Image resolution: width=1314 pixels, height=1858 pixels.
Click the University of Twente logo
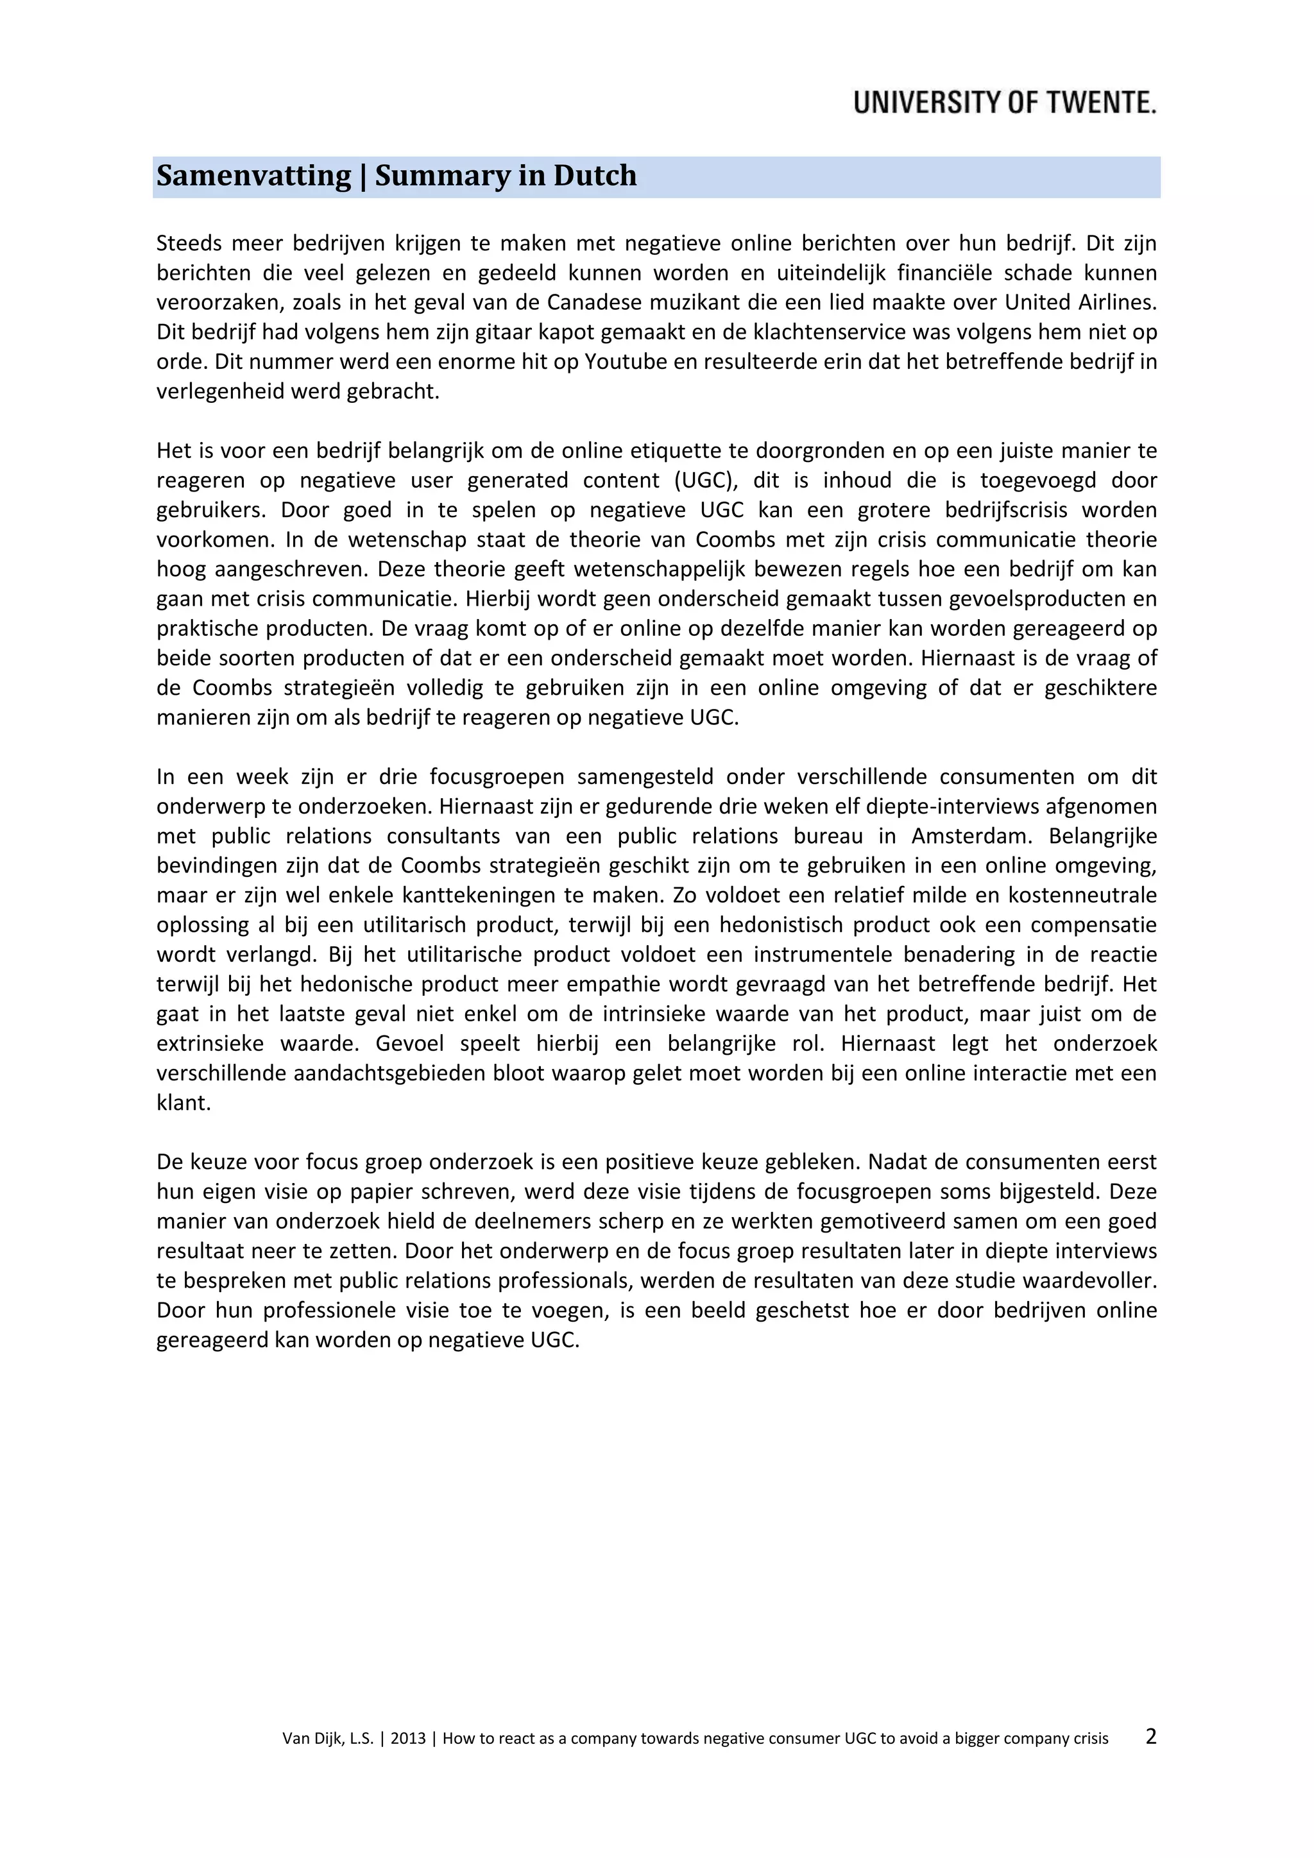[1004, 103]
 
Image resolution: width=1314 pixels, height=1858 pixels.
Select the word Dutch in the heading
[595, 176]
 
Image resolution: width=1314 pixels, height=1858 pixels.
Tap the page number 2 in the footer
[1150, 1736]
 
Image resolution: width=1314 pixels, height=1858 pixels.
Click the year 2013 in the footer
[408, 1738]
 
